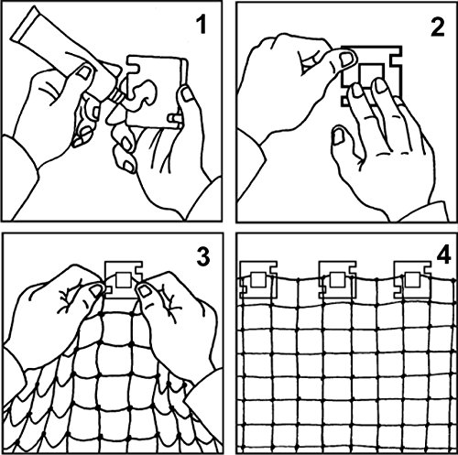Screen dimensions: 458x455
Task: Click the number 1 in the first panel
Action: click(x=201, y=25)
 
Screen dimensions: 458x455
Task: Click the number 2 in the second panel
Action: click(x=437, y=27)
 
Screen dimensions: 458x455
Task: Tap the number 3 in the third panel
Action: click(x=203, y=255)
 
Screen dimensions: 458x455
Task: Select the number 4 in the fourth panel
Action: click(x=443, y=254)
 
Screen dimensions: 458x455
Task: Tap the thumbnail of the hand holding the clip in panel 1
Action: click(x=185, y=93)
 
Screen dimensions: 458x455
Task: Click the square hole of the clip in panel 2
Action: click(x=370, y=74)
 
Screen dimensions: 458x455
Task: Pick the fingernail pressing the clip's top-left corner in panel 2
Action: click(x=346, y=60)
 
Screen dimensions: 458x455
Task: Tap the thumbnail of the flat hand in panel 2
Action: click(x=337, y=135)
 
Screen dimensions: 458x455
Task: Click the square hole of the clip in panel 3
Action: click(x=124, y=280)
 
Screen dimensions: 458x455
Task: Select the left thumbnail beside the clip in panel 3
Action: click(x=96, y=291)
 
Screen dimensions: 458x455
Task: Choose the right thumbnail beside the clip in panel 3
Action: click(x=144, y=290)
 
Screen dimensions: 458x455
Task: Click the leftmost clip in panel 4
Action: click(x=258, y=279)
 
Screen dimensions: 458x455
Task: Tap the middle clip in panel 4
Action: click(x=337, y=279)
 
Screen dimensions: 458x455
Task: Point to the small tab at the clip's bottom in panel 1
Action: click(x=175, y=118)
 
